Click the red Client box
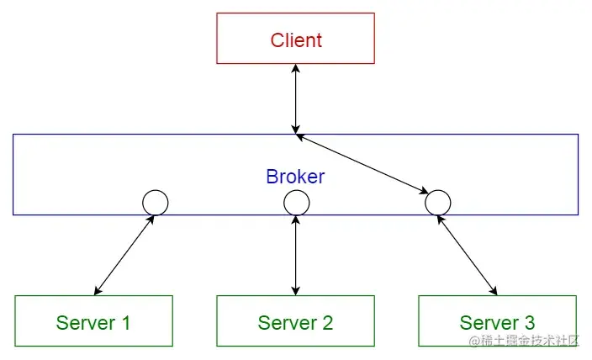[295, 39]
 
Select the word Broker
[295, 177]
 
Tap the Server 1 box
[93, 321]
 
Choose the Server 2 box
[295, 321]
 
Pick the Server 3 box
[497, 321]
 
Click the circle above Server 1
[155, 203]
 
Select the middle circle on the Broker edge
[296, 203]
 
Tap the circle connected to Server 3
[437, 203]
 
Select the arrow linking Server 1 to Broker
[124, 255]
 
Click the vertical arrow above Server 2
[295, 255]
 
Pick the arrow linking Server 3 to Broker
[467, 255]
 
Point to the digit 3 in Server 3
[528, 322]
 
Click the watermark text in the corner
[524, 341]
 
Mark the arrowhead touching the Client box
[295, 69]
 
